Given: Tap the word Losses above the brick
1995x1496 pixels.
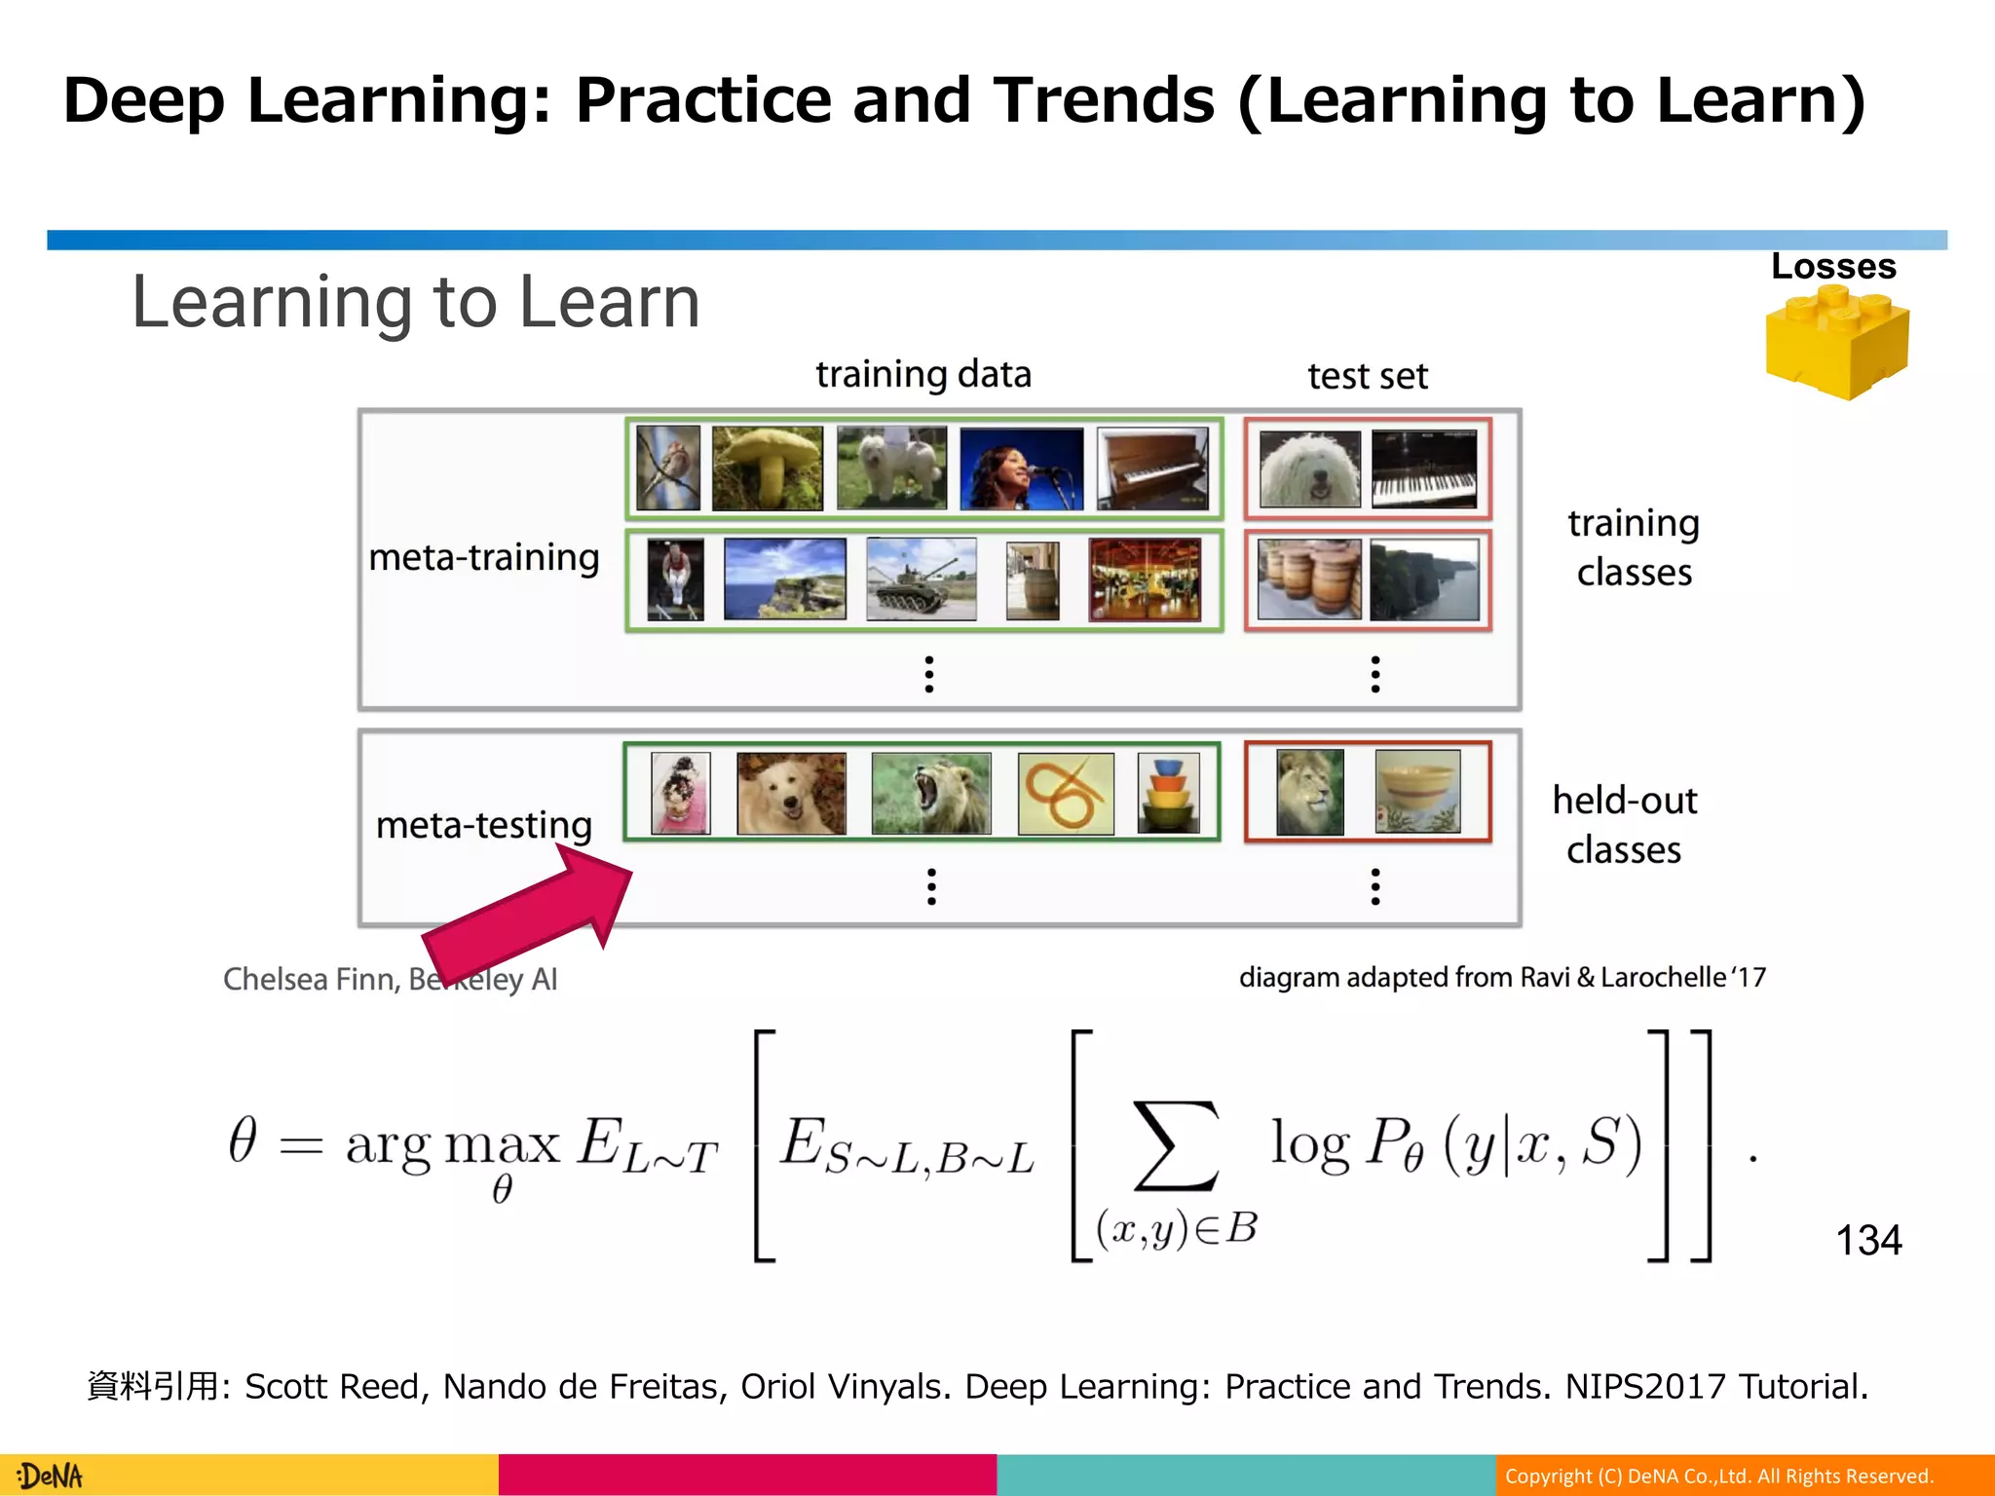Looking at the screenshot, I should pos(1833,267).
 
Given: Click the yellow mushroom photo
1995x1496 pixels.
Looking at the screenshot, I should pos(767,467).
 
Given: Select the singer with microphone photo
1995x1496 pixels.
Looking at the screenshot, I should pos(1021,468).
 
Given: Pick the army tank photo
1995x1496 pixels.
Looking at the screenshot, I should pos(921,580).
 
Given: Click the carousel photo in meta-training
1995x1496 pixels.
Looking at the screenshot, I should pos(1145,580).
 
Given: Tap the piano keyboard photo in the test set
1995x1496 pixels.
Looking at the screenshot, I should pos(1424,468).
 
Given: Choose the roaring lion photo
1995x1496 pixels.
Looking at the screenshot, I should pos(931,793).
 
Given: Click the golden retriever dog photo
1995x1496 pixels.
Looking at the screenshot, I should pos(791,793).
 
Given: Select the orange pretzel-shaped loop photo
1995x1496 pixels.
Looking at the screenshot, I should pos(1066,793).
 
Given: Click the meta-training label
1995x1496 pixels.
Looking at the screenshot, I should pos(484,558).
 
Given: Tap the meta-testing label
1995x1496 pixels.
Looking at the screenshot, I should pos(484,825).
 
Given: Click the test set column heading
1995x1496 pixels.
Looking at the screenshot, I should pos(1368,376).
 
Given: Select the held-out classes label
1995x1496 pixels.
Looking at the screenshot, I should pos(1624,824).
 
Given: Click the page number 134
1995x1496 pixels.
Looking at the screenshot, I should pos(1868,1240).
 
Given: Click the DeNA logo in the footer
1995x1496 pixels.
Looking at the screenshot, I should pos(51,1476).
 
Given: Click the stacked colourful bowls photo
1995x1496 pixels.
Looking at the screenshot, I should pos(1169,793).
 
